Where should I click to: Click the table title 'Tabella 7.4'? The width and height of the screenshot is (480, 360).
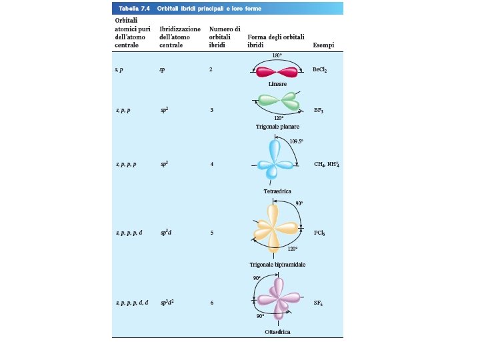134,9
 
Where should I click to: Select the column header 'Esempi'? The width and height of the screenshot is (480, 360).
323,45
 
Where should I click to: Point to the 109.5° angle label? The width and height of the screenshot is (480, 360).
296,141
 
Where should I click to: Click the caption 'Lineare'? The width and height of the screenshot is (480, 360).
278,84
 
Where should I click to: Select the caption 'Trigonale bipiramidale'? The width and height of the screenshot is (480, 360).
277,265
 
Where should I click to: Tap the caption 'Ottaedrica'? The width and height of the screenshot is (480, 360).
277,331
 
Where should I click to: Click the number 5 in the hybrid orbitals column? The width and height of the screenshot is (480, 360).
211,233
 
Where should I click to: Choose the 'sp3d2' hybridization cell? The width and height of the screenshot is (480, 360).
167,303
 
